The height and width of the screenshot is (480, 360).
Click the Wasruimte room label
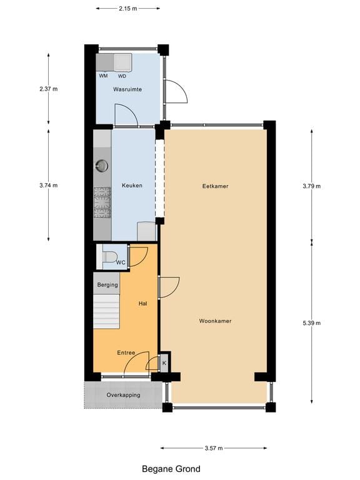[x=127, y=89]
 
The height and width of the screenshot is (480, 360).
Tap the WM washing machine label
[x=103, y=76]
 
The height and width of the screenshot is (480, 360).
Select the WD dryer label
[x=122, y=76]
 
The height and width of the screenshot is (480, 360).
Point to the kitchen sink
[x=102, y=166]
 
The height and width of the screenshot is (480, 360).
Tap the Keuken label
[x=132, y=185]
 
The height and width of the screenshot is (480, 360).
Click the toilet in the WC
[x=109, y=256]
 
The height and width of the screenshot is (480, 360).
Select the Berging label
[x=107, y=285]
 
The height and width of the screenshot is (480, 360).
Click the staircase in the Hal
[x=106, y=311]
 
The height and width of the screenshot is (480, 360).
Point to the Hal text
[x=142, y=303]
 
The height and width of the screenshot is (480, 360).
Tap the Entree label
[x=126, y=352]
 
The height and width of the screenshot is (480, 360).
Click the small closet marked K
[x=164, y=362]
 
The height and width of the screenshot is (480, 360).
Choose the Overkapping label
[x=123, y=395]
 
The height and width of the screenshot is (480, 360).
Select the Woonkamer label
[x=215, y=321]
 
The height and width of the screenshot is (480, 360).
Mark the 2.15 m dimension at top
[x=127, y=9]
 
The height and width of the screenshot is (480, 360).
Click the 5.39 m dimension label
[x=311, y=323]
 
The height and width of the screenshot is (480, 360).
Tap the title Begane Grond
[x=171, y=468]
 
